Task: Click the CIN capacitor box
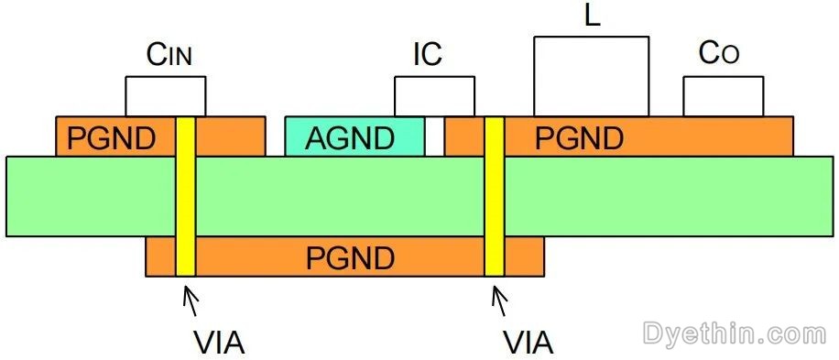(x=165, y=96)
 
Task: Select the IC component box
(x=434, y=96)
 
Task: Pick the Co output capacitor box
(x=723, y=96)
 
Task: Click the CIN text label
(x=169, y=56)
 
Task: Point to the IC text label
(x=427, y=55)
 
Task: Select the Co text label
(x=719, y=54)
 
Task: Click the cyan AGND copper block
(x=354, y=136)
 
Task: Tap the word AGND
(x=350, y=138)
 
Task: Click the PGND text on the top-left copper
(x=112, y=138)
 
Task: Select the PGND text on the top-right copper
(x=579, y=138)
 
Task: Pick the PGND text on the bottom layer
(x=350, y=258)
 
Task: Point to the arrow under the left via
(x=191, y=300)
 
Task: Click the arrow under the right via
(x=500, y=300)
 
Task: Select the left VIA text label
(x=220, y=343)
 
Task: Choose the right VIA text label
(x=528, y=343)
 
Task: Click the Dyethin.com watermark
(x=735, y=332)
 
